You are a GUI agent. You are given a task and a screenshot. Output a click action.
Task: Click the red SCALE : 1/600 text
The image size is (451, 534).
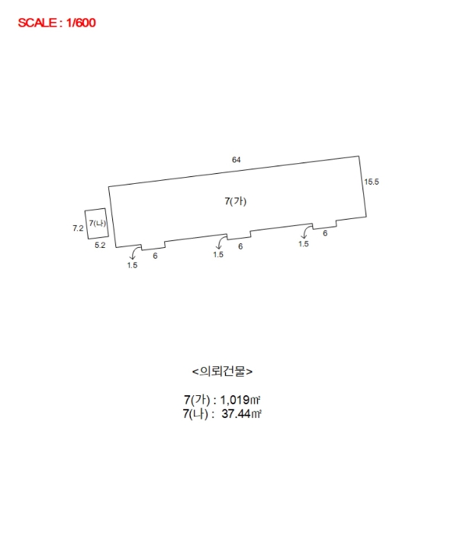pyautogui.click(x=56, y=23)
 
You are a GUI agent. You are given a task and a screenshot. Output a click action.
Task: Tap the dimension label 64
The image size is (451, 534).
pyautogui.click(x=237, y=159)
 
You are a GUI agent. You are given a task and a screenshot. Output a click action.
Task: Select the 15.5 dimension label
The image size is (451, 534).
pyautogui.click(x=372, y=182)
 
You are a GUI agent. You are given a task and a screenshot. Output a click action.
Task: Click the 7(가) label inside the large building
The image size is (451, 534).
pyautogui.click(x=235, y=201)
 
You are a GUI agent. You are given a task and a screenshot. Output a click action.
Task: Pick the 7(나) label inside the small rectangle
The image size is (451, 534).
pyautogui.click(x=98, y=223)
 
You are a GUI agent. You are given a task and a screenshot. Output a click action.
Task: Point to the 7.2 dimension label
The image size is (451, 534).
pyautogui.click(x=78, y=228)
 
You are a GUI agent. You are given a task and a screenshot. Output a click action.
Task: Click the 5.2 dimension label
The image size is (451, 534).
pyautogui.click(x=100, y=245)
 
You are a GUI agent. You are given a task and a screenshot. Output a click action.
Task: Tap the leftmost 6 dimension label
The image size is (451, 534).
pyautogui.click(x=156, y=256)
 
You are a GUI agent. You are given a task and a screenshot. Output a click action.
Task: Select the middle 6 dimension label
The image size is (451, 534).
pyautogui.click(x=240, y=246)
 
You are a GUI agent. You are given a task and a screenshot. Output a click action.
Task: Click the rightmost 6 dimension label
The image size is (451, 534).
pyautogui.click(x=325, y=233)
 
